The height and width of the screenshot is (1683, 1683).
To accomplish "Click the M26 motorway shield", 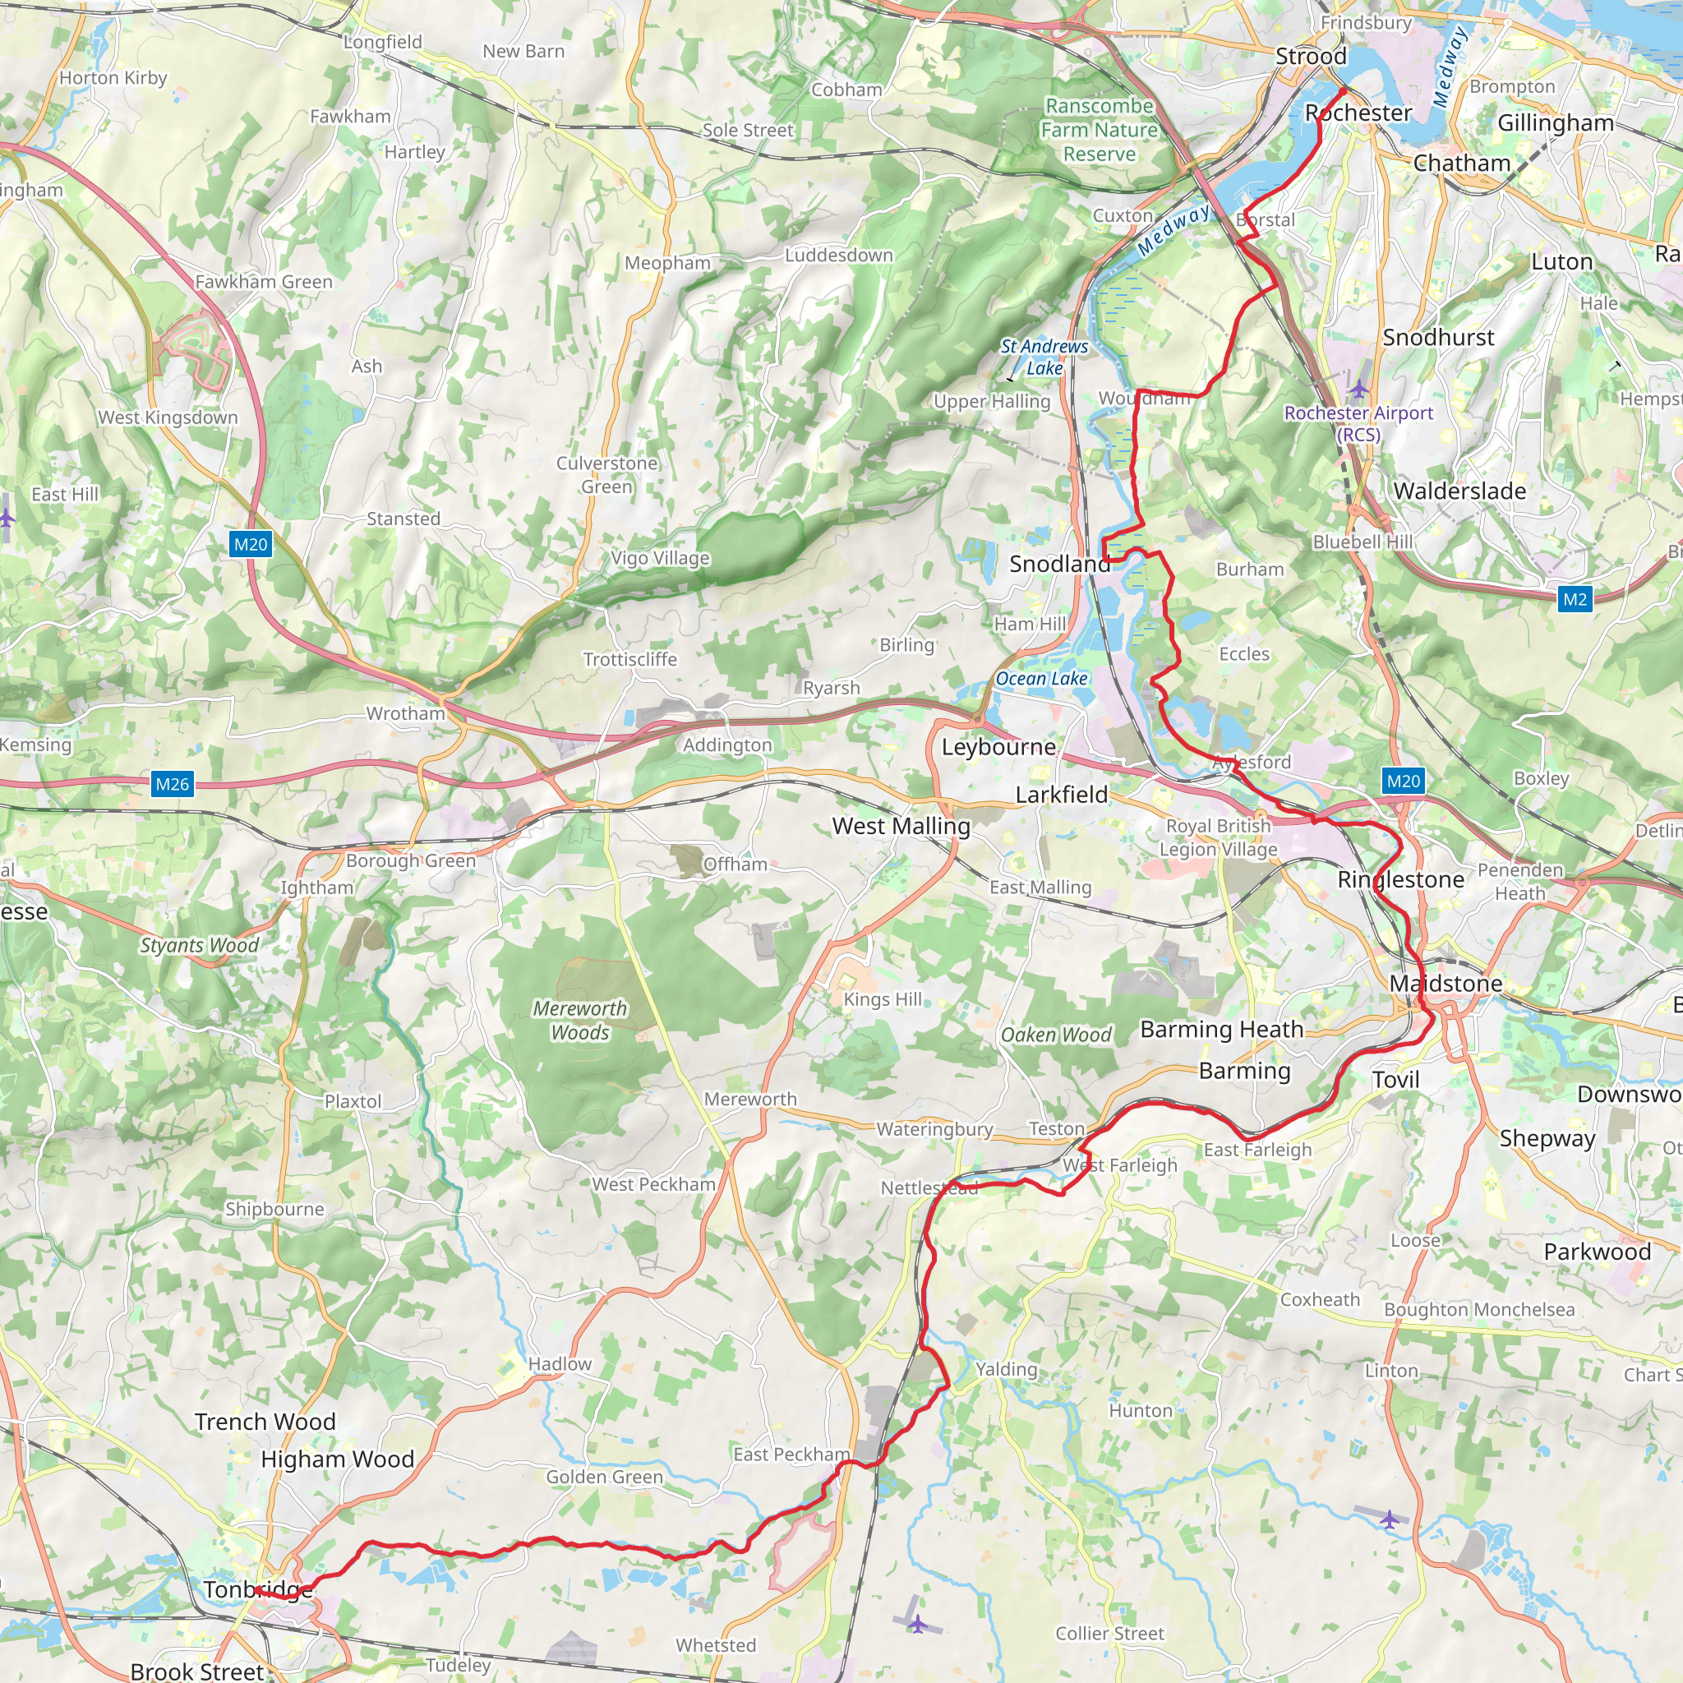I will [172, 783].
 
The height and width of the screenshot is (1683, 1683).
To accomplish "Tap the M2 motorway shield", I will [1574, 598].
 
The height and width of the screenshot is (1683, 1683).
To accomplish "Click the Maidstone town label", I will [1446, 983].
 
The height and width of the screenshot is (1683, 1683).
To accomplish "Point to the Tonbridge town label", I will [258, 1589].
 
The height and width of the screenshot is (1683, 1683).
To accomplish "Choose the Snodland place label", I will [1059, 564].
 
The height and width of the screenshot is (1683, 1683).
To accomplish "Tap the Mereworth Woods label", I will [580, 1020].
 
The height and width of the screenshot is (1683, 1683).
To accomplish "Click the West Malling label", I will [901, 826].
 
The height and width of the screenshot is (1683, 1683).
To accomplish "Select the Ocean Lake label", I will [1041, 679].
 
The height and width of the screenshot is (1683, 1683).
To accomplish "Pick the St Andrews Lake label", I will [1044, 357].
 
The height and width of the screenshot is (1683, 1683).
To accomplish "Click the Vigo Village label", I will [661, 557].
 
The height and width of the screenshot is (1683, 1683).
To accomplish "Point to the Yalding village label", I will [1006, 1368].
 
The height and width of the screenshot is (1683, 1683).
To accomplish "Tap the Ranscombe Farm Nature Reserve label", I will [1100, 130].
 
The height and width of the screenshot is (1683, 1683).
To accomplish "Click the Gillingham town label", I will [1556, 122].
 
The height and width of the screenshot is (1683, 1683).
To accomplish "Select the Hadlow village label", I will [560, 1363].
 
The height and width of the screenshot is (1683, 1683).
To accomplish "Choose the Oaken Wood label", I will [1056, 1035].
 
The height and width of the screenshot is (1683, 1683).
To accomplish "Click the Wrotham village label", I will [405, 713].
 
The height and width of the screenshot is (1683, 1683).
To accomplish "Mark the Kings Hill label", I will [883, 999].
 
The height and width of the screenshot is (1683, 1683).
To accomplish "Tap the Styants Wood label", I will [200, 945].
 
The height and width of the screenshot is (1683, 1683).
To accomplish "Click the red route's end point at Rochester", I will [1344, 90].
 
